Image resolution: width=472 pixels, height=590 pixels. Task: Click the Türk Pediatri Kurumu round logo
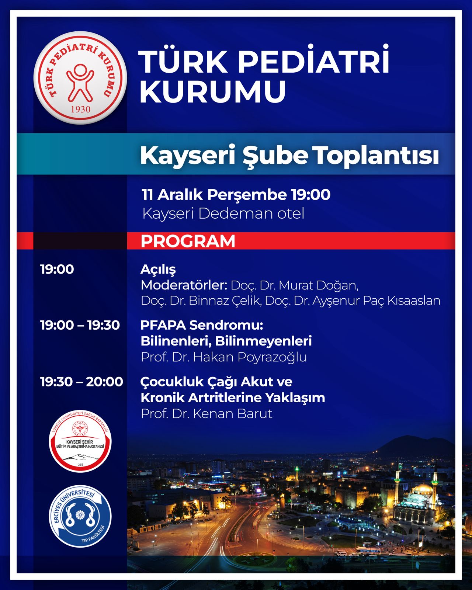click(80, 77)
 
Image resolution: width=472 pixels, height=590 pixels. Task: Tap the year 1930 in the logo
click(81, 110)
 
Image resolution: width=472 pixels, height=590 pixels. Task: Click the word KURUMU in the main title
click(213, 91)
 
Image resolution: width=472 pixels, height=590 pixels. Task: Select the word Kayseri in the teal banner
click(188, 156)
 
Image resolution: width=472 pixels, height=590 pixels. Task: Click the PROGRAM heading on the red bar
click(188, 241)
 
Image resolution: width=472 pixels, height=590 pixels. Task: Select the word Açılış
click(158, 270)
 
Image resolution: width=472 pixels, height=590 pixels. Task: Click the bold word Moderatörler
click(184, 285)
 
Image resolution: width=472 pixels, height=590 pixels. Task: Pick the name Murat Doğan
click(318, 286)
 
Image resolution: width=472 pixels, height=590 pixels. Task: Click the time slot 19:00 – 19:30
click(80, 325)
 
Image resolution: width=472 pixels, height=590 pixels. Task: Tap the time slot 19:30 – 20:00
click(82, 382)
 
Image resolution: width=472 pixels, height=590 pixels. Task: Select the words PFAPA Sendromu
click(202, 325)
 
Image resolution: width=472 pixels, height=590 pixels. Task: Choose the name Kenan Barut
click(233, 414)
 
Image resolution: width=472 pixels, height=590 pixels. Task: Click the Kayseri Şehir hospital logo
click(80, 441)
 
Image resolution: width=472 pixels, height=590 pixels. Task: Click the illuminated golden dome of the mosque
click(423, 487)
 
